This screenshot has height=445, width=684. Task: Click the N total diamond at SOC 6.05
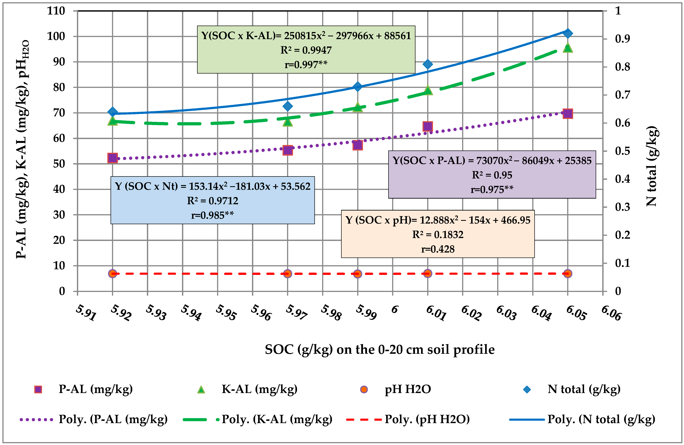point(568,33)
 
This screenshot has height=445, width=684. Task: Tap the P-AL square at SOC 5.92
point(112,158)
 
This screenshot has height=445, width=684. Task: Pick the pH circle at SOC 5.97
point(287,273)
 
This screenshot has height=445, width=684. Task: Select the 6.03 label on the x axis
point(506,313)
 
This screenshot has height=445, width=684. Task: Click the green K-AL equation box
point(306,49)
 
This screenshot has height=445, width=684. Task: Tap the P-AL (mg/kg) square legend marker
point(38,389)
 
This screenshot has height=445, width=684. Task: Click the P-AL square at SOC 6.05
point(568,114)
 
